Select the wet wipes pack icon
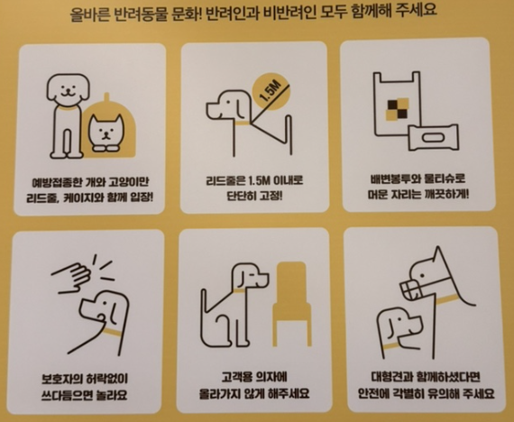pyautogui.click(x=433, y=137)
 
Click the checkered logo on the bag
pyautogui.click(x=398, y=108)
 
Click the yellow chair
pyautogui.click(x=291, y=304)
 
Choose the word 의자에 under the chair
pyautogui.click(x=271, y=377)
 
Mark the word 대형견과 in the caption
pyautogui.click(x=391, y=377)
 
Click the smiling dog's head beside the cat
pyautogui.click(x=68, y=87)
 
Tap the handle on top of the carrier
pyautogui.click(x=106, y=97)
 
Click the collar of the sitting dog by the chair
pyautogui.click(x=240, y=291)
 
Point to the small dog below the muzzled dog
pyautogui.click(x=399, y=331)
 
